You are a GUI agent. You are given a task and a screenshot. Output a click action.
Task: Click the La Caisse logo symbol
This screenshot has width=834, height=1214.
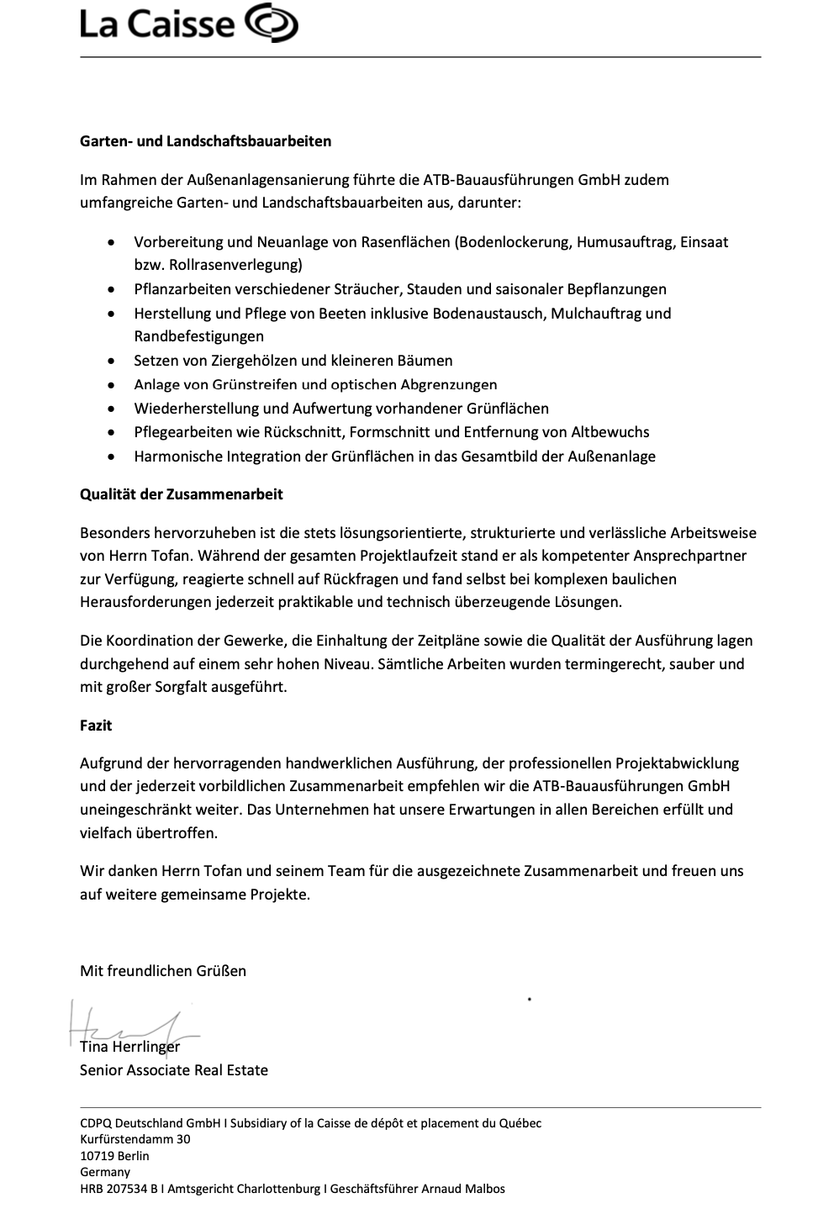tap(272, 23)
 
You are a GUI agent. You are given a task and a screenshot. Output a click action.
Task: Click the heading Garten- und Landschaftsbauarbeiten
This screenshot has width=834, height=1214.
tap(205, 141)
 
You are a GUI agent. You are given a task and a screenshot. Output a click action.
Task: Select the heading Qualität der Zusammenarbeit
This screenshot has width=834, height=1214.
tap(181, 494)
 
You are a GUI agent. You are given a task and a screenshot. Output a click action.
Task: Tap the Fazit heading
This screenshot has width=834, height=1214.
tap(96, 726)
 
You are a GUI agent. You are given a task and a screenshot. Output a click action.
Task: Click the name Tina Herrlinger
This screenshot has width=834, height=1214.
tap(129, 1048)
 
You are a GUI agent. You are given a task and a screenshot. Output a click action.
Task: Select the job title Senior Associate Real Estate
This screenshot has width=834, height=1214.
tap(174, 1070)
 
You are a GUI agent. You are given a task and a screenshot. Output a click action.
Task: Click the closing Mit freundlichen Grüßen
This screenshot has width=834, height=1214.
tap(163, 971)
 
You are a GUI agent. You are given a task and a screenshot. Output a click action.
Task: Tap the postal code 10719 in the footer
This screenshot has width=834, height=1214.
tap(98, 1156)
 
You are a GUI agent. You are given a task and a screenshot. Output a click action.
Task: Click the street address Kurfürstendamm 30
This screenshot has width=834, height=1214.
tap(135, 1139)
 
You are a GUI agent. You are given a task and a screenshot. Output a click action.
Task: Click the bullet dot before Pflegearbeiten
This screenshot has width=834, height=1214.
tap(113, 433)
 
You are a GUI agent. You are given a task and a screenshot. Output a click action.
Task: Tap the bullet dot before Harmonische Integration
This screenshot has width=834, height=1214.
tap(113, 457)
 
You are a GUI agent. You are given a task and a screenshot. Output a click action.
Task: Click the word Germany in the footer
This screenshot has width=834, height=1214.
tap(105, 1172)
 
